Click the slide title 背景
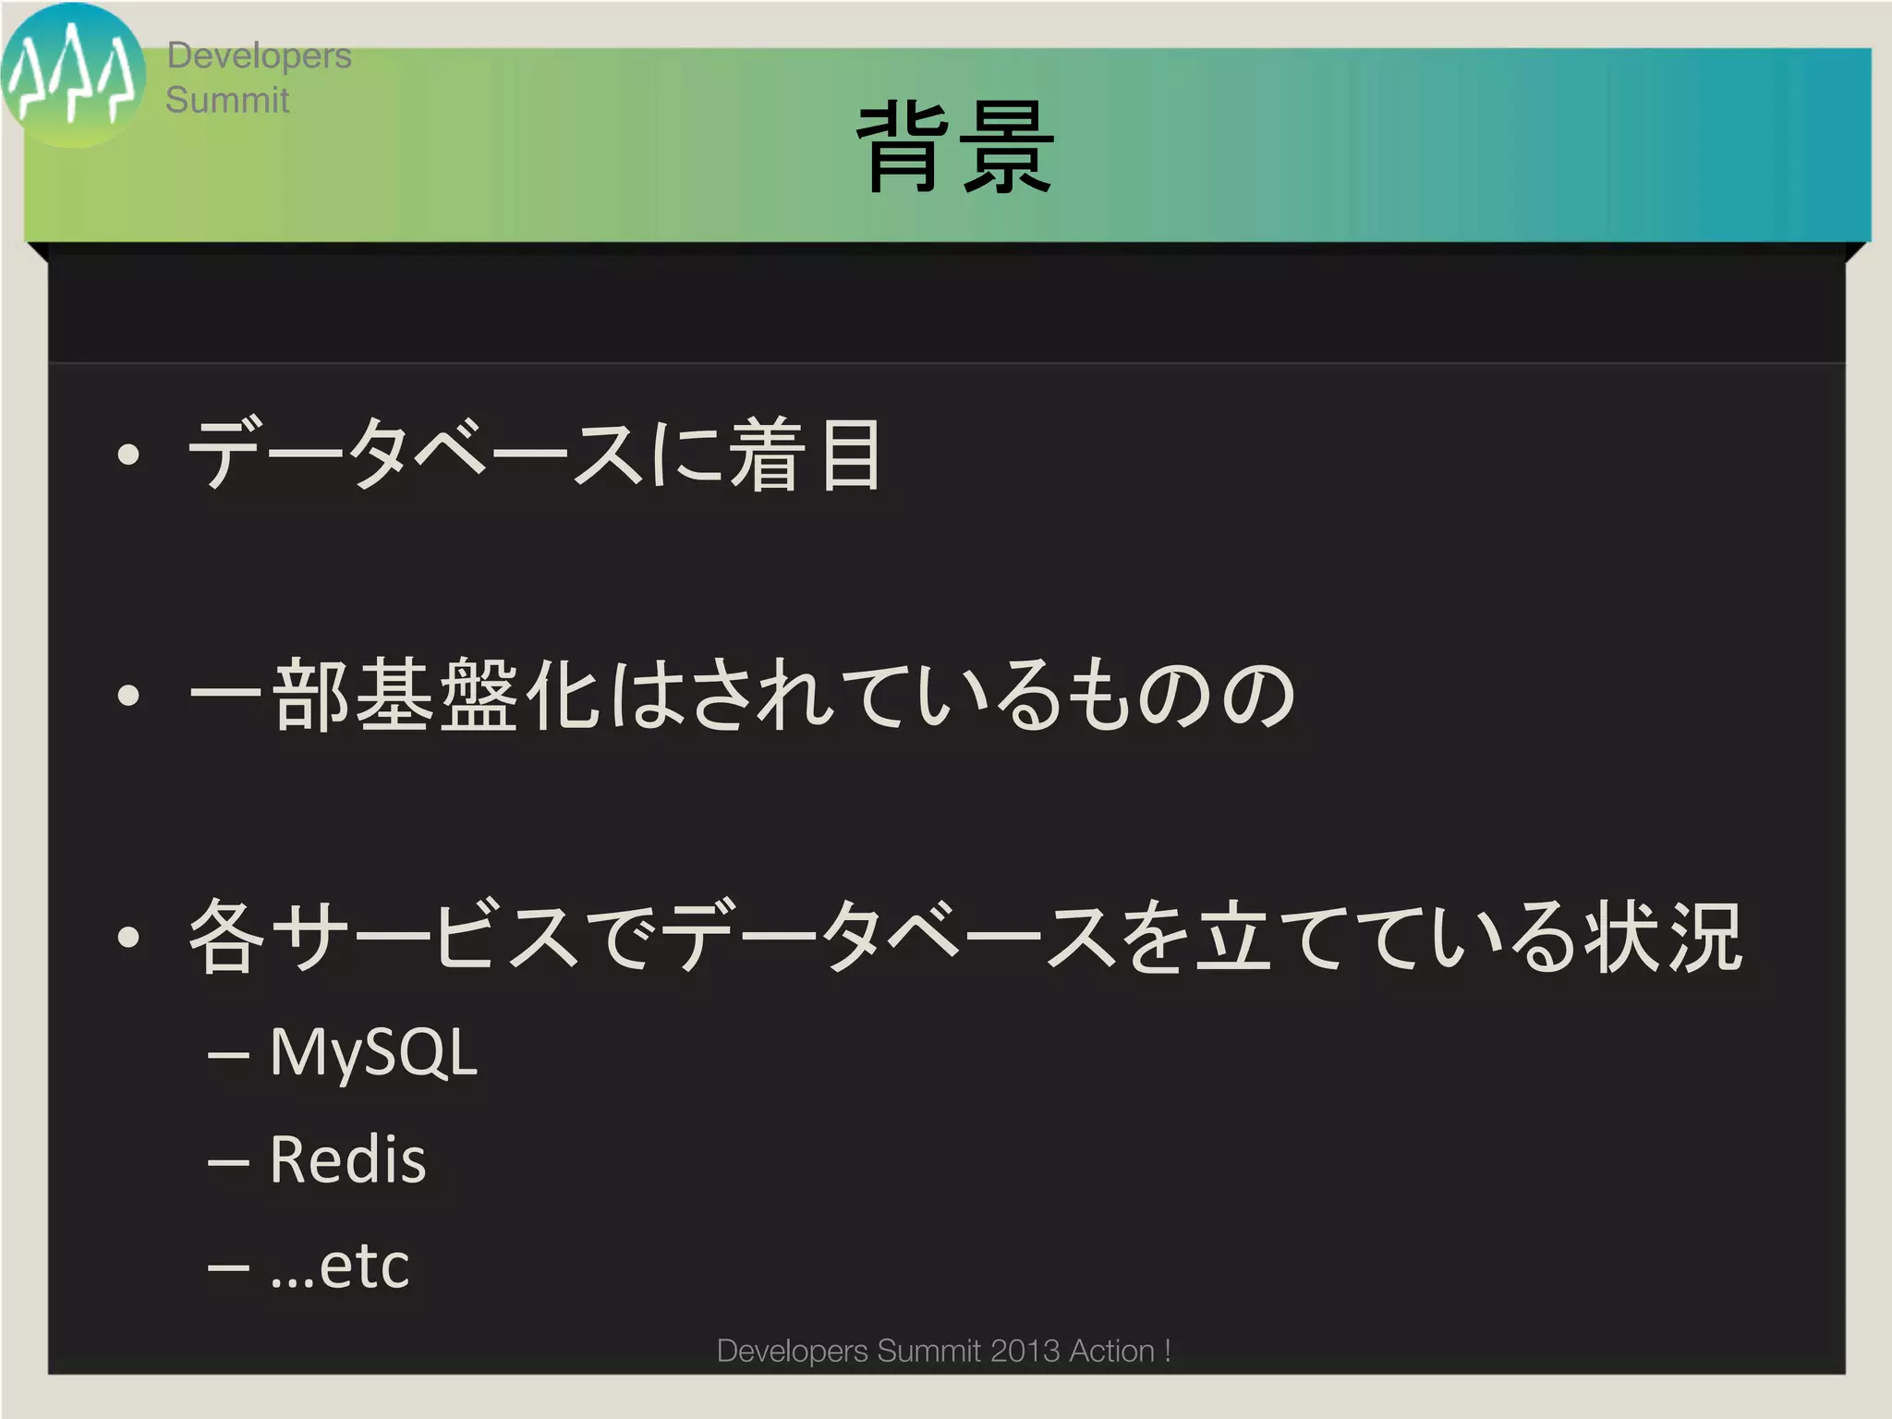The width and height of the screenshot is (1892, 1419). tap(957, 148)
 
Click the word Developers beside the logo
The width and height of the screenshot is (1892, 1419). tap(259, 56)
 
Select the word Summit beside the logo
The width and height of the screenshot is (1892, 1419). tap(227, 100)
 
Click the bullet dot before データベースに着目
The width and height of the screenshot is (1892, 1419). tap(128, 454)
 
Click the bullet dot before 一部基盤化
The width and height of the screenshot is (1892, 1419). tap(128, 695)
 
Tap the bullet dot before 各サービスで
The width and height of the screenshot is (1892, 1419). tap(128, 937)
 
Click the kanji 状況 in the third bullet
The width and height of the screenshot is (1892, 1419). tap(1663, 937)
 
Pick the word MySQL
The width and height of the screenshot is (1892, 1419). tap(373, 1053)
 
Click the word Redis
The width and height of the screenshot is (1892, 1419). tap(347, 1159)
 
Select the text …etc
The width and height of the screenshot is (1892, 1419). tap(340, 1266)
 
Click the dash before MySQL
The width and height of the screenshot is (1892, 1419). tap(228, 1054)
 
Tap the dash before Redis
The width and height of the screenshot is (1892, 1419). tap(228, 1160)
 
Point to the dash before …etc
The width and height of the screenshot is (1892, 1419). tap(228, 1267)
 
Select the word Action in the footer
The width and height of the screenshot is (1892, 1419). tap(1111, 1351)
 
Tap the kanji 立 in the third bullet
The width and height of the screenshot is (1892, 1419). tap(1233, 937)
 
